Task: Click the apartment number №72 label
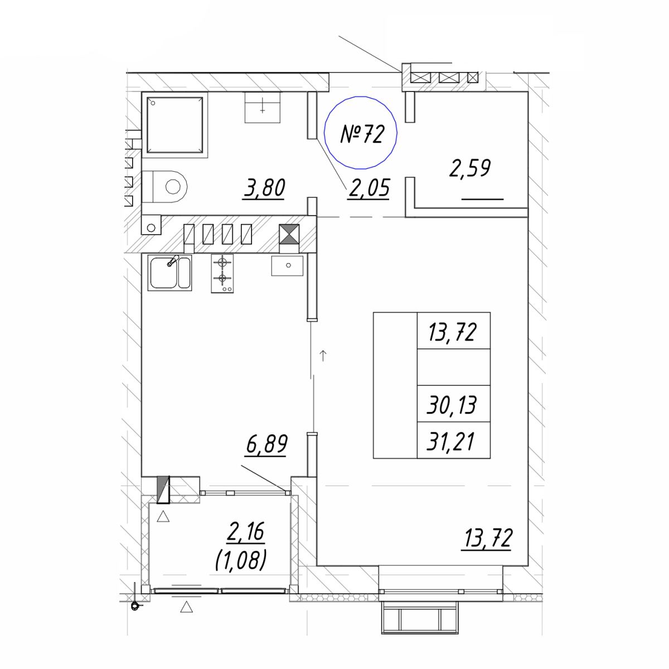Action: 362,134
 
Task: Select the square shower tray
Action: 174,125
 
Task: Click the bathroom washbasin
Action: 262,107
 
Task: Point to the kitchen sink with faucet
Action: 170,273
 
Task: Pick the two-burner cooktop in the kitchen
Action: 222,273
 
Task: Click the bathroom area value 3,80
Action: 265,188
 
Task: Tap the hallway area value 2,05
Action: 369,188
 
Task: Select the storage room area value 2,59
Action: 470,168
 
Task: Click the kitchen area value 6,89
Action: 266,445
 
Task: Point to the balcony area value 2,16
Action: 245,531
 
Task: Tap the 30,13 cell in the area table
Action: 452,405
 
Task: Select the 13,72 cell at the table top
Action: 453,332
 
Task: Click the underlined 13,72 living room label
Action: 487,539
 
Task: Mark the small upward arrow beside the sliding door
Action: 323,356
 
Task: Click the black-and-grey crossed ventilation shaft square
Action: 289,234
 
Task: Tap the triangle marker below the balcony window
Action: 186,607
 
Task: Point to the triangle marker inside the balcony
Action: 163,517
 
